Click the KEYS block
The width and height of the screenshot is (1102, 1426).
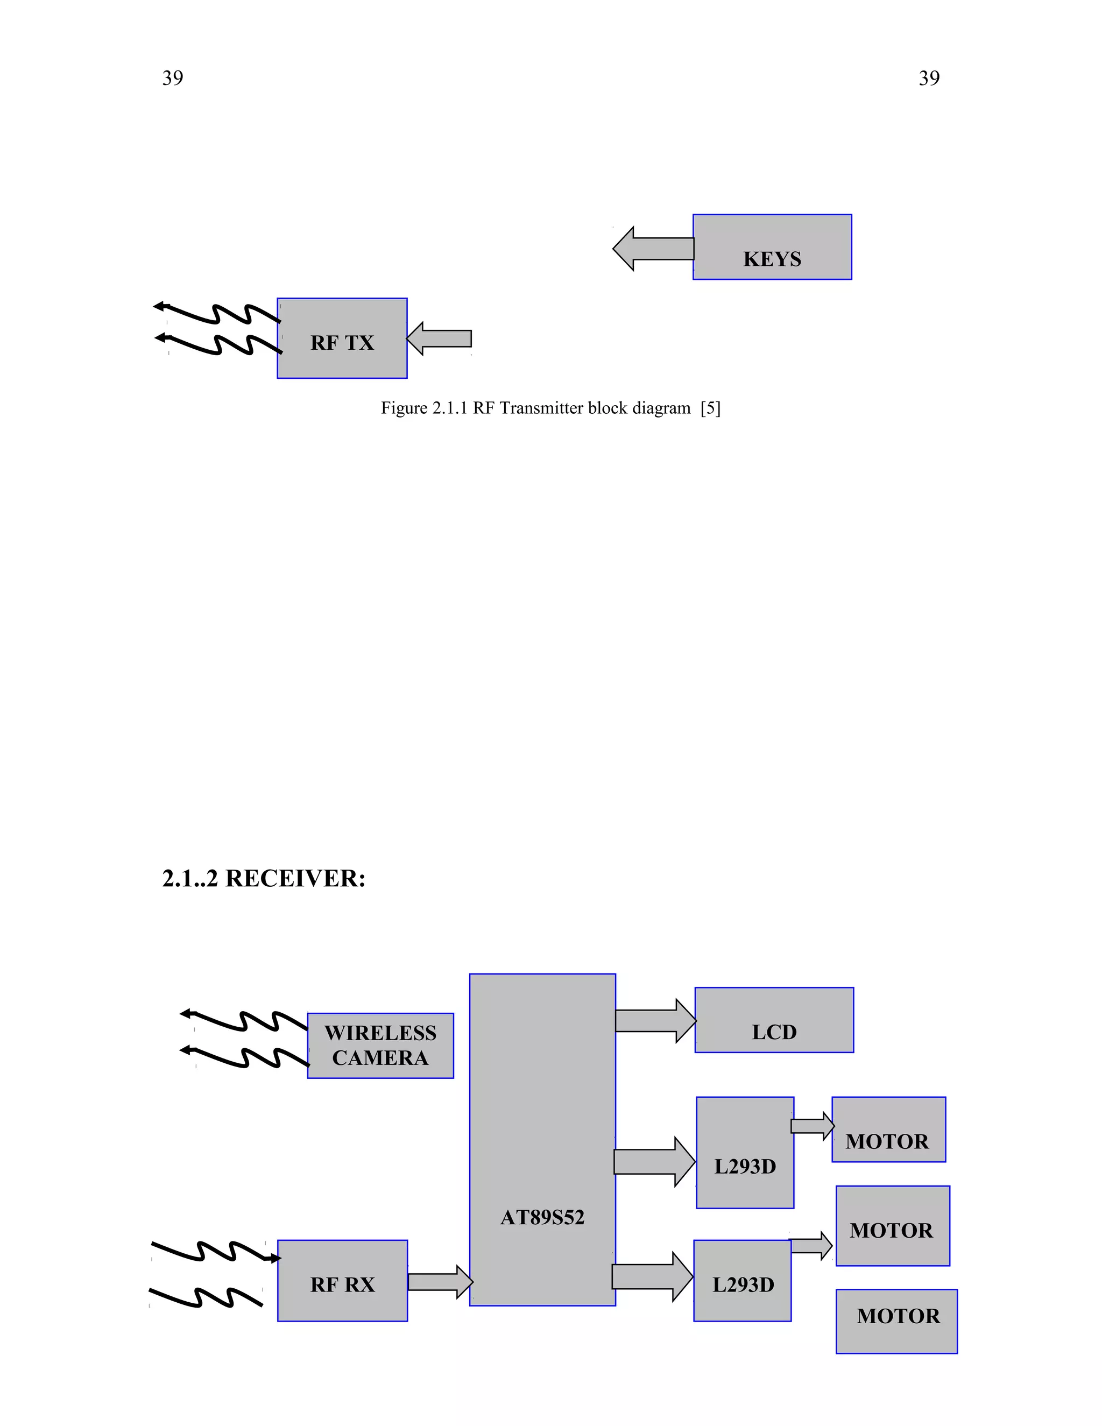(x=772, y=247)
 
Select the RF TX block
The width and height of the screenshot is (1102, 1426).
(x=342, y=338)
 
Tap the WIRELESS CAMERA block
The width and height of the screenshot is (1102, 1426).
(x=380, y=1046)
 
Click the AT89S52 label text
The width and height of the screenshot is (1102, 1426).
(x=542, y=1217)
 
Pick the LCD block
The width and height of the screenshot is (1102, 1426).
(x=774, y=1020)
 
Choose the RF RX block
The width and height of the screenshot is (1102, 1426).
(x=342, y=1281)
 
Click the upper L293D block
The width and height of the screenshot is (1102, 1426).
(x=745, y=1153)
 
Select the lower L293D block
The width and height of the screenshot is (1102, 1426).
(x=742, y=1281)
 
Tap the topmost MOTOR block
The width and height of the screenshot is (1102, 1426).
(x=888, y=1129)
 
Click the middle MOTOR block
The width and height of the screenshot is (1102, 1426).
(x=893, y=1225)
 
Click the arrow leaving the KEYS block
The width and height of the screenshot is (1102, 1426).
(x=653, y=249)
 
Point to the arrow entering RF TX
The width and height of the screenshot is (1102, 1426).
(x=440, y=338)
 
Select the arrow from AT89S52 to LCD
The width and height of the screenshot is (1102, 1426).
(x=655, y=1020)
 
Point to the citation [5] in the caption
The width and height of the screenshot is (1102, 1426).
(x=710, y=408)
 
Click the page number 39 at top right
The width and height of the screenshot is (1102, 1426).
(x=929, y=79)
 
